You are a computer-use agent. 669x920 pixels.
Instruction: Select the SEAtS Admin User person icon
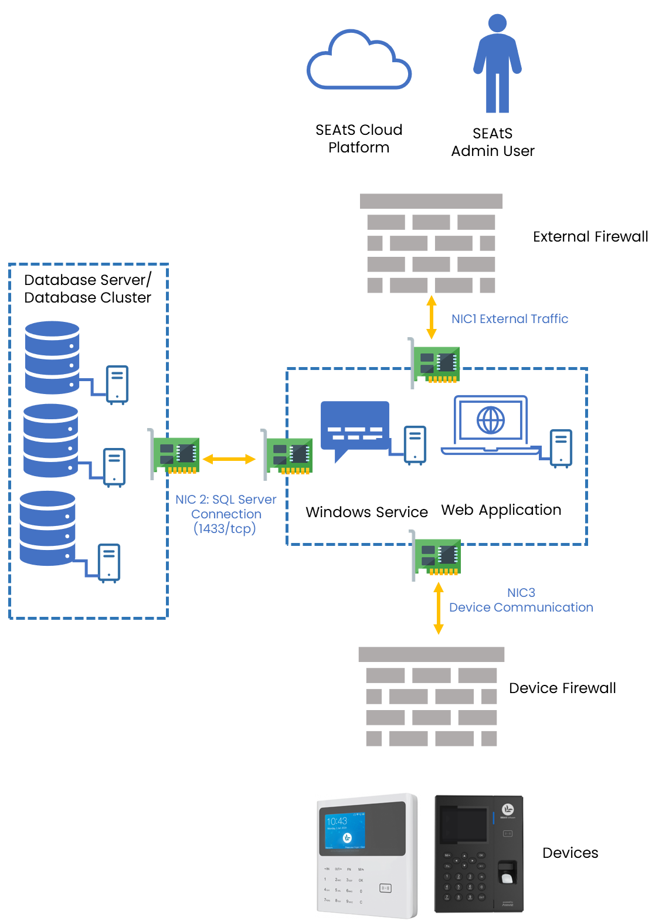pos(497,63)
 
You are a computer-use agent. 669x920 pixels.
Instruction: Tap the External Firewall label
pos(590,236)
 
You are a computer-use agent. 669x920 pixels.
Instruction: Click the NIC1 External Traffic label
pos(510,319)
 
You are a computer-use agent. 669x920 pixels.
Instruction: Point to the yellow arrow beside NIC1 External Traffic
pos(431,317)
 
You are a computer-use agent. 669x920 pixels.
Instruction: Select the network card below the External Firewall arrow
pos(434,364)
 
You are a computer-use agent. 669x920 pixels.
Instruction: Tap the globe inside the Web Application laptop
pos(490,420)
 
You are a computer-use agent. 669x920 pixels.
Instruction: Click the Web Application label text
pos(501,510)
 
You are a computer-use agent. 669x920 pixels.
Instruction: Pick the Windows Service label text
pos(366,512)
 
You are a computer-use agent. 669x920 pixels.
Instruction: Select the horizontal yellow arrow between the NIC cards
pos(229,459)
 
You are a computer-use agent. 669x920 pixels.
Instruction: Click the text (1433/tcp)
pos(225,528)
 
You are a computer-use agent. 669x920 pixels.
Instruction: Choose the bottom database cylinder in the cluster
pos(47,528)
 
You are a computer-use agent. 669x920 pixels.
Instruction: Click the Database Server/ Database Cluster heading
pos(87,288)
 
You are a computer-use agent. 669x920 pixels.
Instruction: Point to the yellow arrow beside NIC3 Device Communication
pos(439,608)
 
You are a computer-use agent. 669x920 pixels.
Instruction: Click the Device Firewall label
pos(562,688)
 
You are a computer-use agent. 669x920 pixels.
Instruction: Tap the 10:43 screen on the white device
pos(345,830)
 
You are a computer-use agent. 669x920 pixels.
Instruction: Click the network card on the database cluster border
pos(174,454)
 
